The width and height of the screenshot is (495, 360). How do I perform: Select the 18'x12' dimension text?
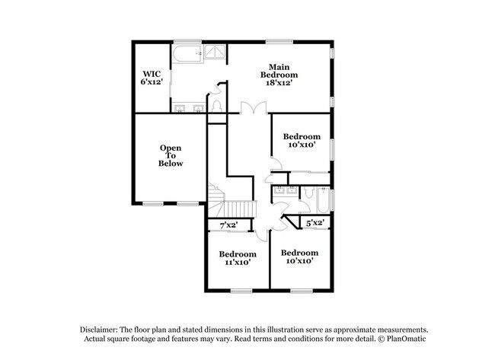tap(279, 84)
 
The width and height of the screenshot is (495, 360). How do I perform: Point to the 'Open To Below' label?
tap(171, 155)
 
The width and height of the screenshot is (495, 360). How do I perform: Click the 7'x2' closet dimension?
tap(228, 225)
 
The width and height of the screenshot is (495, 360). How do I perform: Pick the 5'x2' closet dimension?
tap(315, 223)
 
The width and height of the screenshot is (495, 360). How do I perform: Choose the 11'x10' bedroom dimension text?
tap(237, 263)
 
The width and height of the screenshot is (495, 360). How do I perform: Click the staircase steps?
tap(236, 207)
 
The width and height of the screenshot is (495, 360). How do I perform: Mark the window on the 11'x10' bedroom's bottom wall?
tap(241, 290)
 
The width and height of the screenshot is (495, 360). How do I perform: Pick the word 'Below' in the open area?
tap(171, 164)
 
